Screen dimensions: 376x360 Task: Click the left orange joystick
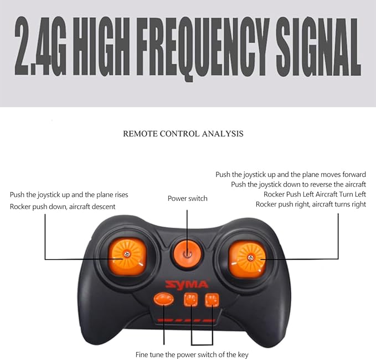(127, 256)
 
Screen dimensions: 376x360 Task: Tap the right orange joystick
(248, 259)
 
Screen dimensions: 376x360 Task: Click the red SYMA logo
(187, 285)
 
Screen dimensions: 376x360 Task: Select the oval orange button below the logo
(163, 299)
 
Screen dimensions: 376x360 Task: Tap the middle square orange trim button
(191, 300)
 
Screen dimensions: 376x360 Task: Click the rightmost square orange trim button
(212, 300)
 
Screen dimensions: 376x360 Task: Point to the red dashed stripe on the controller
(186, 321)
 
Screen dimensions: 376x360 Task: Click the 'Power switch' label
(188, 199)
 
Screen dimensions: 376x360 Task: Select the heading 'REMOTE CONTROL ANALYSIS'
(183, 133)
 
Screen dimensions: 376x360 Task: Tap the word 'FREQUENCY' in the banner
(203, 49)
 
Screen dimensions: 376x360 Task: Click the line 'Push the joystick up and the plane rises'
(69, 195)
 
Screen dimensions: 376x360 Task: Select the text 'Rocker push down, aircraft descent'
(63, 207)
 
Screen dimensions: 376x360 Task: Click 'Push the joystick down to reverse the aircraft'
(298, 184)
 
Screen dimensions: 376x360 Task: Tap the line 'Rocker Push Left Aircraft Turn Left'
(315, 194)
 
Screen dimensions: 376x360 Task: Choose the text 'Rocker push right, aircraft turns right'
(311, 204)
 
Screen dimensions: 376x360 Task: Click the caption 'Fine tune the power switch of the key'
(192, 354)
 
